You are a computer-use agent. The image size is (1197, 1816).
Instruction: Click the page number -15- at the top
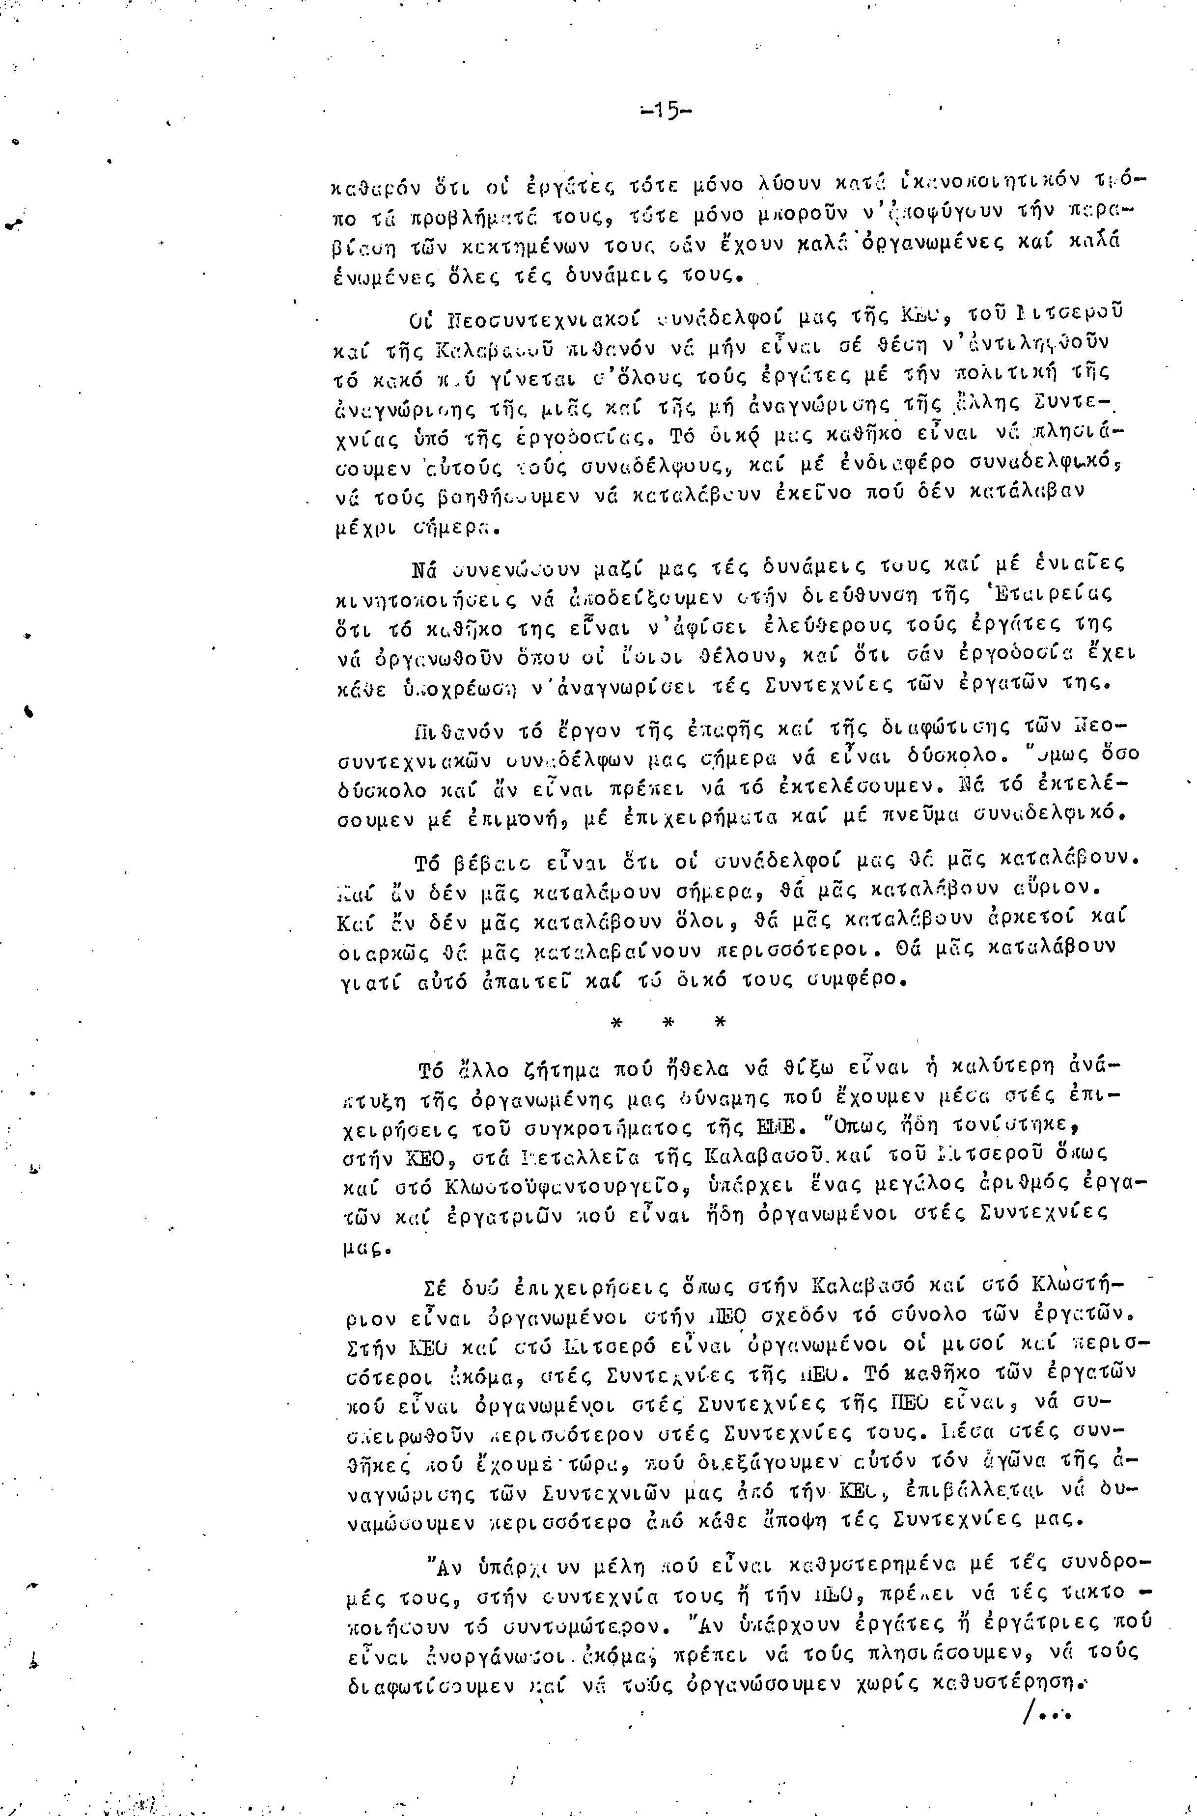click(x=665, y=112)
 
